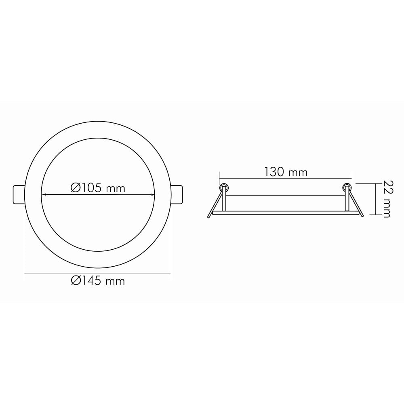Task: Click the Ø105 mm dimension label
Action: click(98, 188)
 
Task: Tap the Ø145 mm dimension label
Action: click(98, 281)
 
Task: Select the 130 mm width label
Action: click(286, 172)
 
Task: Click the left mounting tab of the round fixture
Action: click(19, 195)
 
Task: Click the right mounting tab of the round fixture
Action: click(177, 195)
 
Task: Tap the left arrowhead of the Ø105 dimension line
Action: click(44, 195)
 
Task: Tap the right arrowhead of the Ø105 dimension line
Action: click(152, 195)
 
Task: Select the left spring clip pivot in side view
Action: click(223, 187)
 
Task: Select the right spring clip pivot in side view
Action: click(347, 187)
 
